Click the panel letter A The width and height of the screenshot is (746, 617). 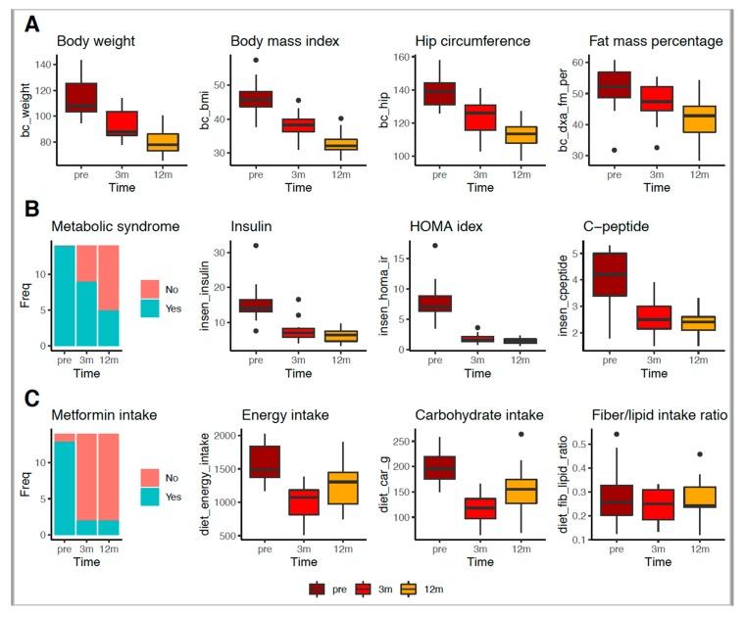pyautogui.click(x=33, y=24)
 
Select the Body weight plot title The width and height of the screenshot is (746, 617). pyautogui.click(x=95, y=42)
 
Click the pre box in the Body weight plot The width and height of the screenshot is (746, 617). pyautogui.click(x=81, y=98)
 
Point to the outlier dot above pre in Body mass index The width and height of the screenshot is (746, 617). pyautogui.click(x=256, y=61)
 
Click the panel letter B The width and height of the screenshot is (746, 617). pyautogui.click(x=33, y=209)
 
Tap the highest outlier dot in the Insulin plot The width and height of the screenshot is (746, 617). pyautogui.click(x=256, y=246)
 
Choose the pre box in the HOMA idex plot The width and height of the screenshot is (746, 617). pyautogui.click(x=435, y=303)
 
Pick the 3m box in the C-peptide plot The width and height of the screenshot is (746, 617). pyautogui.click(x=655, y=318)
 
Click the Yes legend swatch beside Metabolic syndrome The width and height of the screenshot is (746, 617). pyautogui.click(x=150, y=308)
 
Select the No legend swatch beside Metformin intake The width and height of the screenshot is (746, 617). pyautogui.click(x=150, y=476)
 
